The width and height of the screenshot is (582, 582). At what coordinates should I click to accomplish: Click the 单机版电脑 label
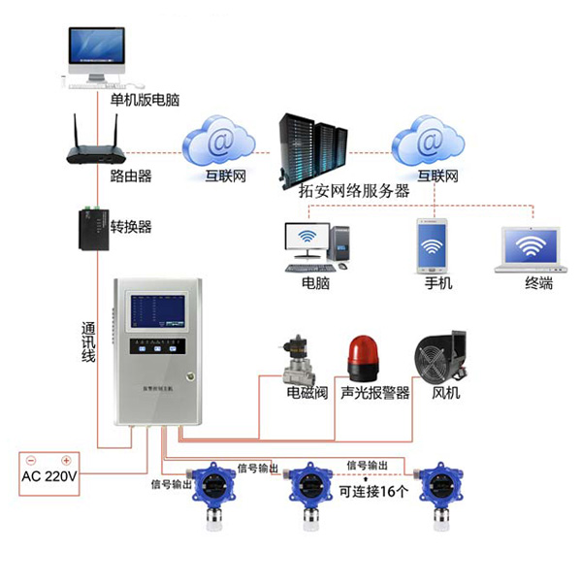pyautogui.click(x=144, y=100)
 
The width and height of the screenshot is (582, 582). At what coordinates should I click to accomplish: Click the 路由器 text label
pyautogui.click(x=130, y=178)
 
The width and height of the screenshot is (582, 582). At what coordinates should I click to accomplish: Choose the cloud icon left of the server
pyautogui.click(x=221, y=142)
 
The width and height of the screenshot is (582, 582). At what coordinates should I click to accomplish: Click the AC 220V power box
pyautogui.click(x=48, y=471)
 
